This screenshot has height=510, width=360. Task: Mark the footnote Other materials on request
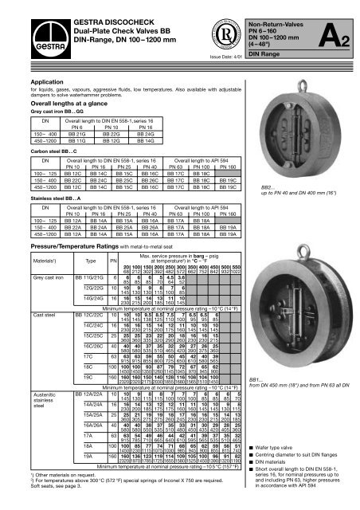(x=60, y=488)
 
